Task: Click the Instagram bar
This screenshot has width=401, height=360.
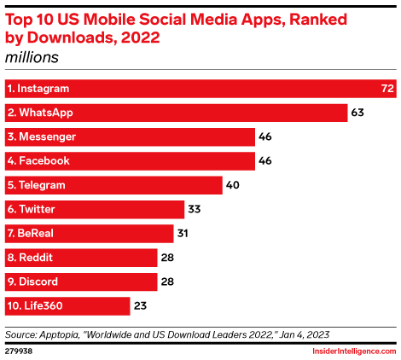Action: pos(196,89)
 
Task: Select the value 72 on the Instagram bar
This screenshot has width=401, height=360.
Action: pos(386,89)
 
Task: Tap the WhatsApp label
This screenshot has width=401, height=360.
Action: pos(41,113)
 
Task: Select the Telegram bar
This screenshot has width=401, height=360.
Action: pos(112,185)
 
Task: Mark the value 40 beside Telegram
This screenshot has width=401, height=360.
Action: pos(233,185)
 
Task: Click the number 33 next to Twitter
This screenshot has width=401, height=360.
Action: pos(195,209)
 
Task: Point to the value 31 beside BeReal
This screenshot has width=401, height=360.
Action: pos(182,233)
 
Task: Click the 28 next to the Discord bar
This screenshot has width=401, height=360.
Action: pos(168,282)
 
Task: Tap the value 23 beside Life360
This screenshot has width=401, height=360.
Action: pos(141,305)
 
